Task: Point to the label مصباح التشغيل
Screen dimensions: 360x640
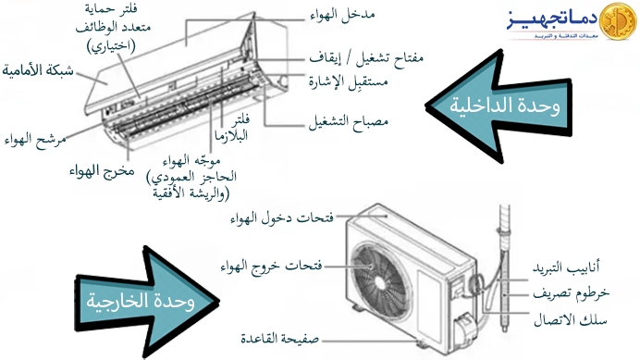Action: [x=343, y=121]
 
